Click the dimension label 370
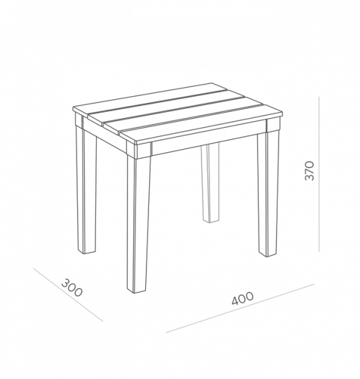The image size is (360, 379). pyautogui.click(x=309, y=171)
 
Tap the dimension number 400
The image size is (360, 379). pyautogui.click(x=243, y=299)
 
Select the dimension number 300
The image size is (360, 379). pyautogui.click(x=71, y=287)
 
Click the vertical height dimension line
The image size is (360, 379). pyautogui.click(x=319, y=174)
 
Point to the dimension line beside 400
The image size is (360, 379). pyautogui.click(x=240, y=308)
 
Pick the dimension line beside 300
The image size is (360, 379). pyautogui.click(x=68, y=294)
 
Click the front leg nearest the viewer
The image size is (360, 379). pyautogui.click(x=138, y=225)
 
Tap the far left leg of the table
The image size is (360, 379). pyautogui.click(x=86, y=191)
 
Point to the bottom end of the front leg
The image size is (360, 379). pyautogui.click(x=137, y=291)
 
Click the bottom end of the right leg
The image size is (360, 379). pyautogui.click(x=268, y=255)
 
